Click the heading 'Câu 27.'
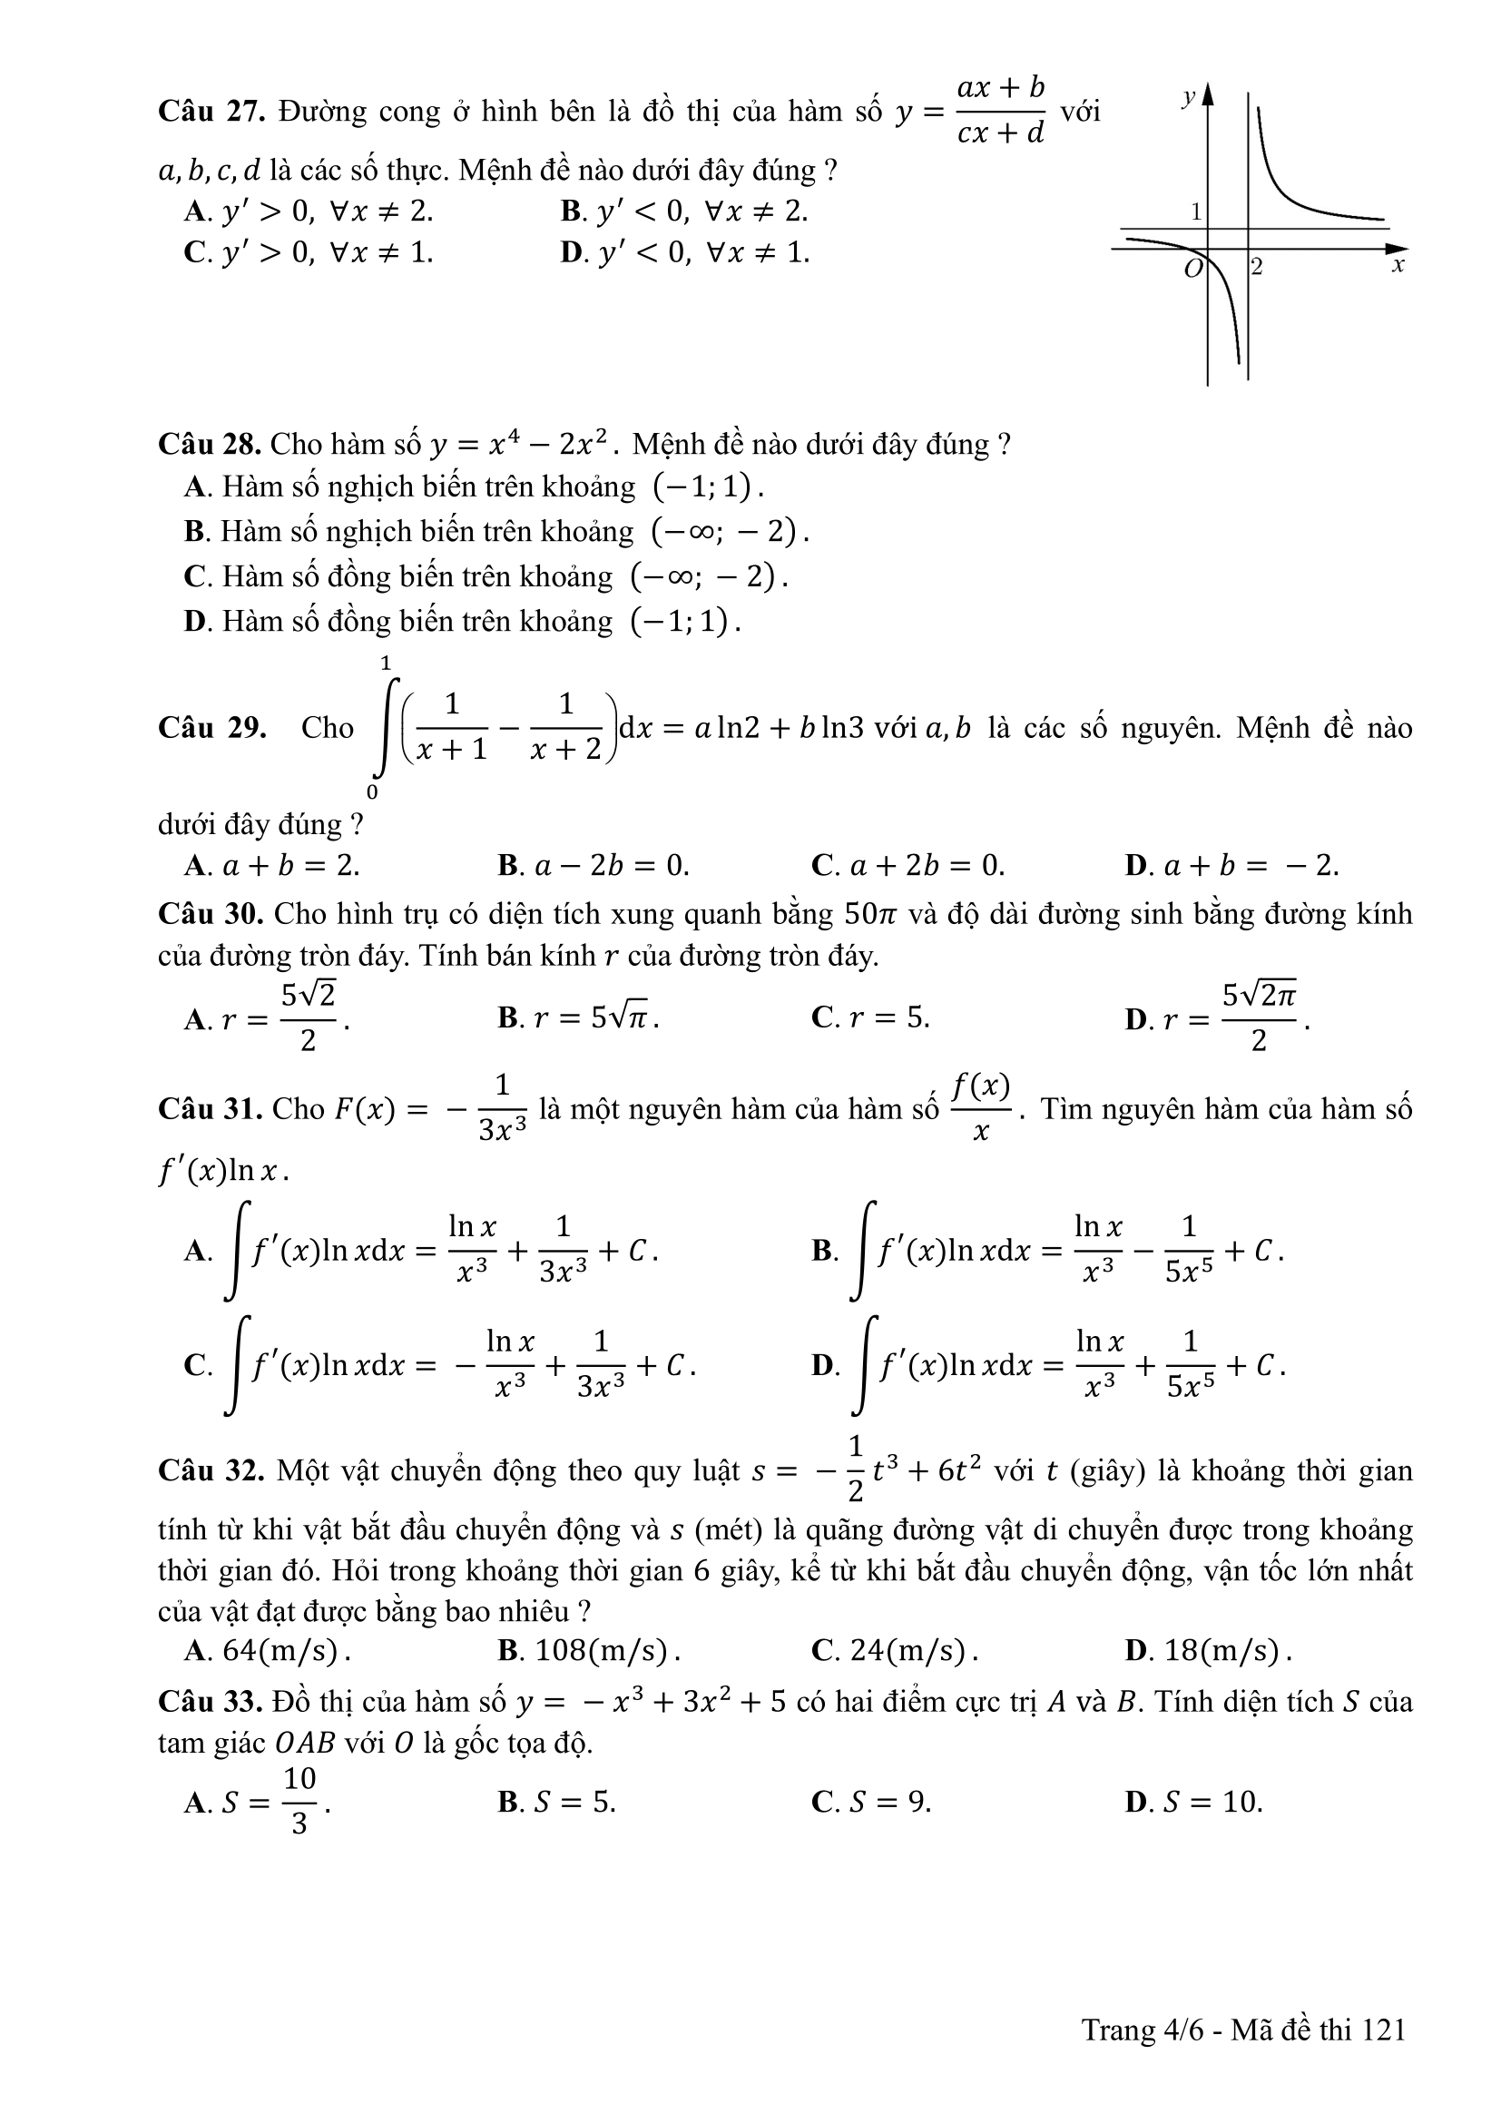point(212,112)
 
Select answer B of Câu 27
point(684,211)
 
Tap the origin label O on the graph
point(1193,269)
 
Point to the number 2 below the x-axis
point(1257,268)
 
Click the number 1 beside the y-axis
point(1196,211)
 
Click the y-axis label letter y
point(1189,96)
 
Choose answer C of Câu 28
point(486,576)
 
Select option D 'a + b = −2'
point(1232,866)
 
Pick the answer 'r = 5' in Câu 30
point(870,1018)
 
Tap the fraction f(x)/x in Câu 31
point(982,1106)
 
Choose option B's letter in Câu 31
point(822,1251)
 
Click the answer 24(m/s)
point(895,1650)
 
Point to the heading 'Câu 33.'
point(211,1702)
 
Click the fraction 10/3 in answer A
point(299,1801)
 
